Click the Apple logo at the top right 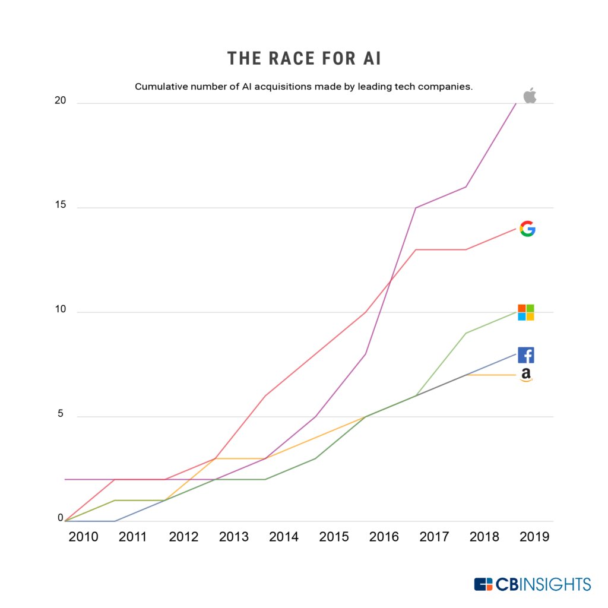pos(530,96)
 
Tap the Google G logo pos(527,229)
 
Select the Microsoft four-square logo pos(526,312)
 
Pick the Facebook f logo pos(526,355)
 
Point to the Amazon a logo pos(526,375)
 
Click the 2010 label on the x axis pos(83,537)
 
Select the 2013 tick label pos(234,537)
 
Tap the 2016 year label pos(384,537)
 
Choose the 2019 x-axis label pos(534,537)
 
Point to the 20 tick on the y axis pos(59,101)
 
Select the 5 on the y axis pos(61,414)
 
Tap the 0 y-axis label pos(61,518)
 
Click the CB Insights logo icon pos(483,584)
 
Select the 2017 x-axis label pos(434,537)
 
